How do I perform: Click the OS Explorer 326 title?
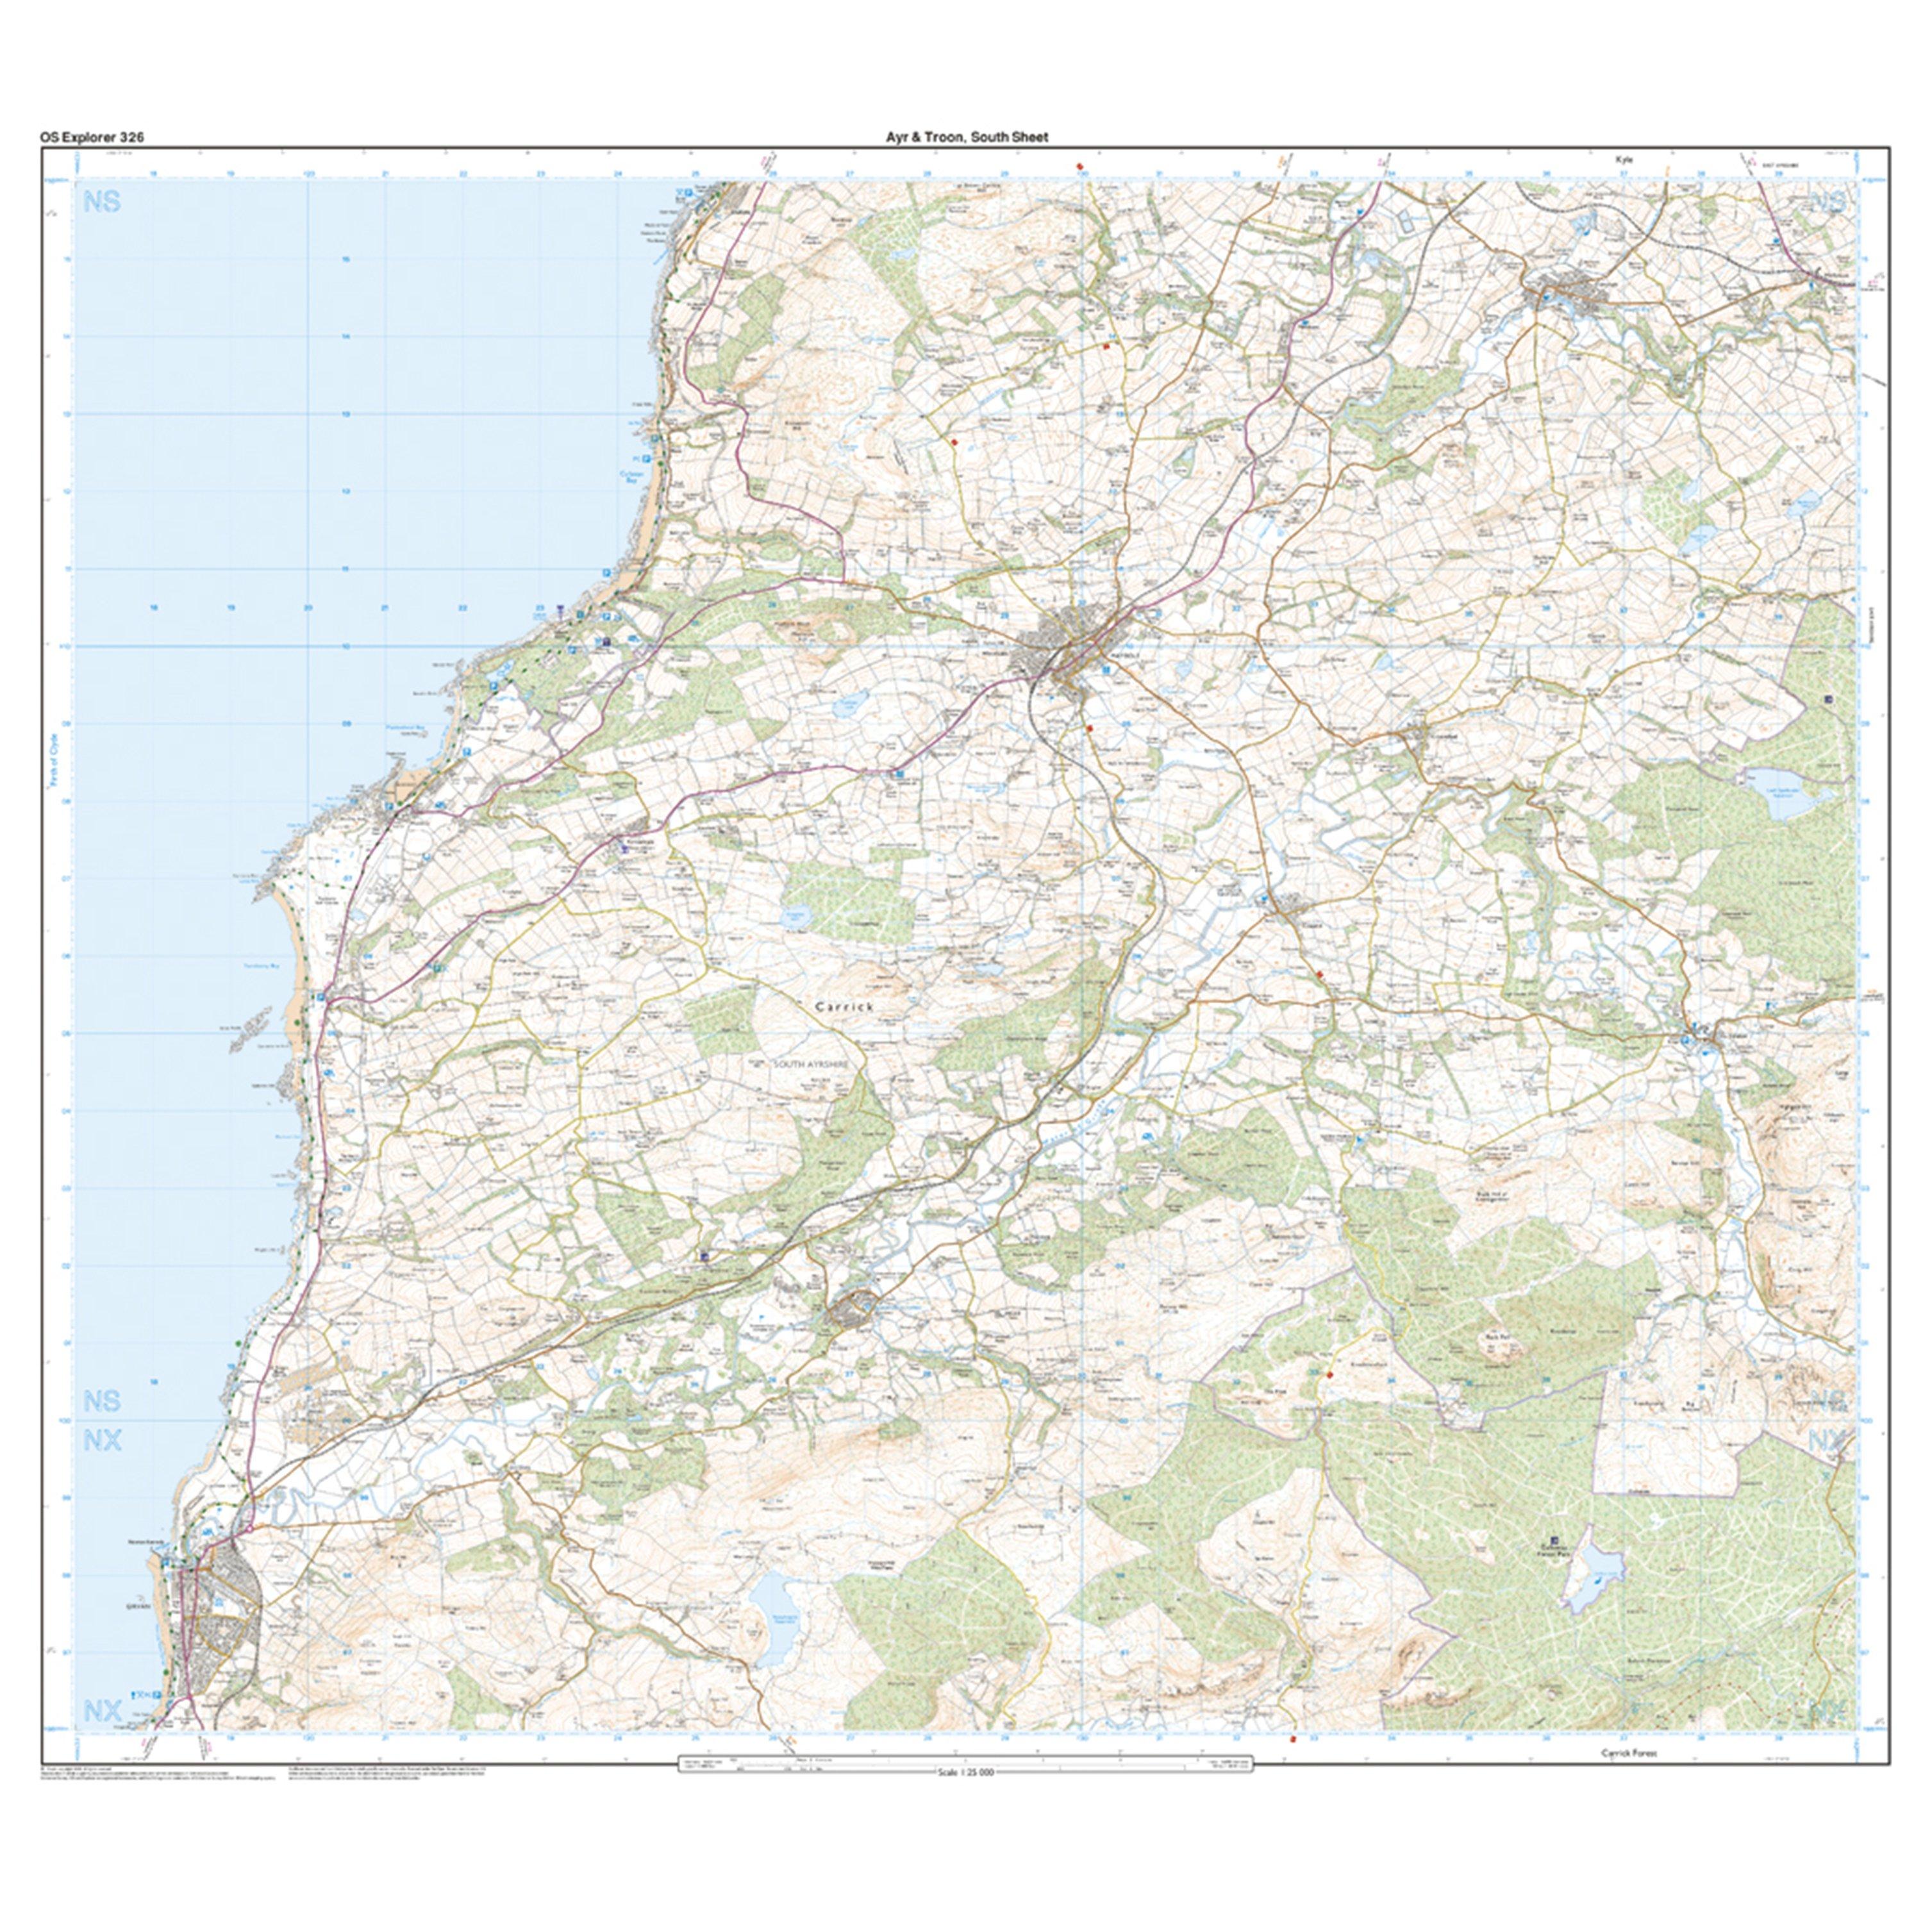point(92,137)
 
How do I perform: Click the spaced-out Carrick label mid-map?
point(844,1006)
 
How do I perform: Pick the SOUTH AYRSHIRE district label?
point(815,1064)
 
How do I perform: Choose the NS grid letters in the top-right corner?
point(1827,202)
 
